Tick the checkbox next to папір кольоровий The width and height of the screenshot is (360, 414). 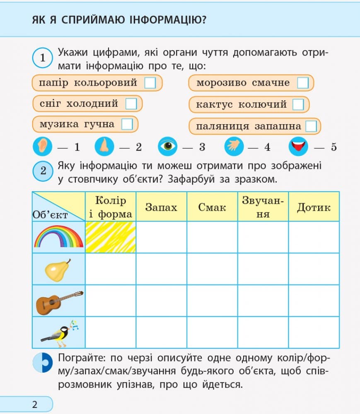(150, 83)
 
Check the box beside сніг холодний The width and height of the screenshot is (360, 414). (131, 103)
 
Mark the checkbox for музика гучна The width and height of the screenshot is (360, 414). (127, 124)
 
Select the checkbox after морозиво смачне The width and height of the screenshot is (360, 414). (303, 83)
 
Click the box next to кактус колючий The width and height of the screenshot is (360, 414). (298, 104)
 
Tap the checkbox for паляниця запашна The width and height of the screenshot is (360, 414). (311, 126)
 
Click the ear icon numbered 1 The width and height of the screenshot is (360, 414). (42, 146)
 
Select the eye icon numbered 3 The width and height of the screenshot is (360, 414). (167, 146)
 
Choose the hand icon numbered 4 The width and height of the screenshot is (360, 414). (234, 146)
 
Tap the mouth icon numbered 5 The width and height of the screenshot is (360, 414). (298, 146)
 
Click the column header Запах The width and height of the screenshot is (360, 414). (161, 207)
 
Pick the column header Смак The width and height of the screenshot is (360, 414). (212, 207)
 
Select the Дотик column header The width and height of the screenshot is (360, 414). (314, 207)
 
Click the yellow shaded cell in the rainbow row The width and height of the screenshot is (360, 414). (111, 237)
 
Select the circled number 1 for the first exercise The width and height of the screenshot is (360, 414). (43, 58)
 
